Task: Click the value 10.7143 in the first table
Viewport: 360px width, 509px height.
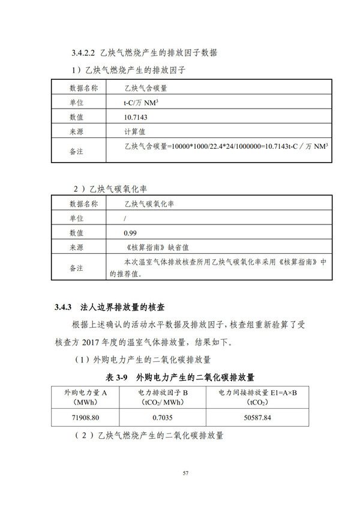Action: pyautogui.click(x=136, y=116)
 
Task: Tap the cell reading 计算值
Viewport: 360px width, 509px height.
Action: pyautogui.click(x=135, y=130)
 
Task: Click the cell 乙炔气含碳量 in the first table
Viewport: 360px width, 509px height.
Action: pyautogui.click(x=146, y=88)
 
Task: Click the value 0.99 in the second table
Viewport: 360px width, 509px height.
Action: pyautogui.click(x=129, y=232)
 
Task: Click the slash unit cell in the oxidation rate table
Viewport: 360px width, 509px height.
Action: pyautogui.click(x=124, y=218)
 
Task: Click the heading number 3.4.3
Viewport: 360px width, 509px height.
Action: pyautogui.click(x=63, y=307)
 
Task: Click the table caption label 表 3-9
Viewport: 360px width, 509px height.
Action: pyautogui.click(x=118, y=378)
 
